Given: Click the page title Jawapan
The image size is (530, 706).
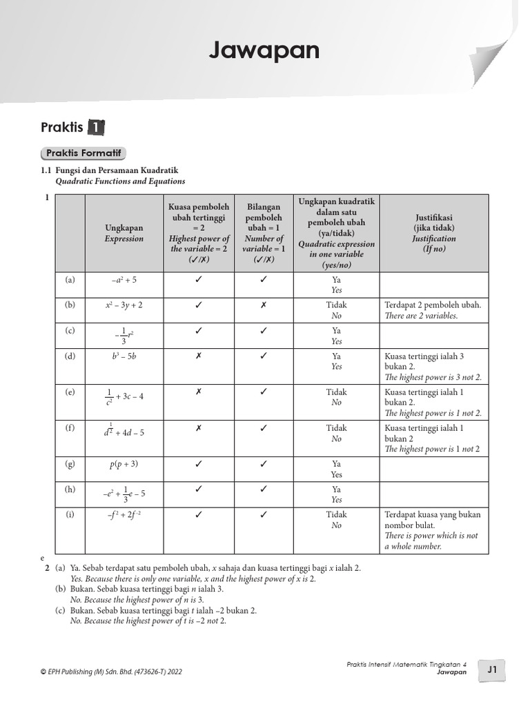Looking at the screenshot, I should coord(264,50).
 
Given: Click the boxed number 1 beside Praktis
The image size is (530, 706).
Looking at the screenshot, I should coord(96,128).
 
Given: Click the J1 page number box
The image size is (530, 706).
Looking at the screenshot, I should coord(492,669).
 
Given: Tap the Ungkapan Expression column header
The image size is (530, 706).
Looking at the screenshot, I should coord(124,233).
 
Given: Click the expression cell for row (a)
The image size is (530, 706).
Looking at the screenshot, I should coord(124,281).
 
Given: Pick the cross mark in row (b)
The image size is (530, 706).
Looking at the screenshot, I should coord(264,305).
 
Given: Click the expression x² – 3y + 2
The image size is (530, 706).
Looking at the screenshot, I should coord(124,305).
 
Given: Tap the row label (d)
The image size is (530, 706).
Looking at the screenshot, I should coord(70,356).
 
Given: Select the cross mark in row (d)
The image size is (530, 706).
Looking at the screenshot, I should coord(198,356).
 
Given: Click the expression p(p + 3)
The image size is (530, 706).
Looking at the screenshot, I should coord(124,465).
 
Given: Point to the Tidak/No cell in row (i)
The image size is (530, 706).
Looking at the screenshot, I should coord(336,520).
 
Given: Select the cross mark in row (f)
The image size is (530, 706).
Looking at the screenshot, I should coord(198,428).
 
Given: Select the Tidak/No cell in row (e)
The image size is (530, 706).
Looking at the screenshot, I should coord(336,397).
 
